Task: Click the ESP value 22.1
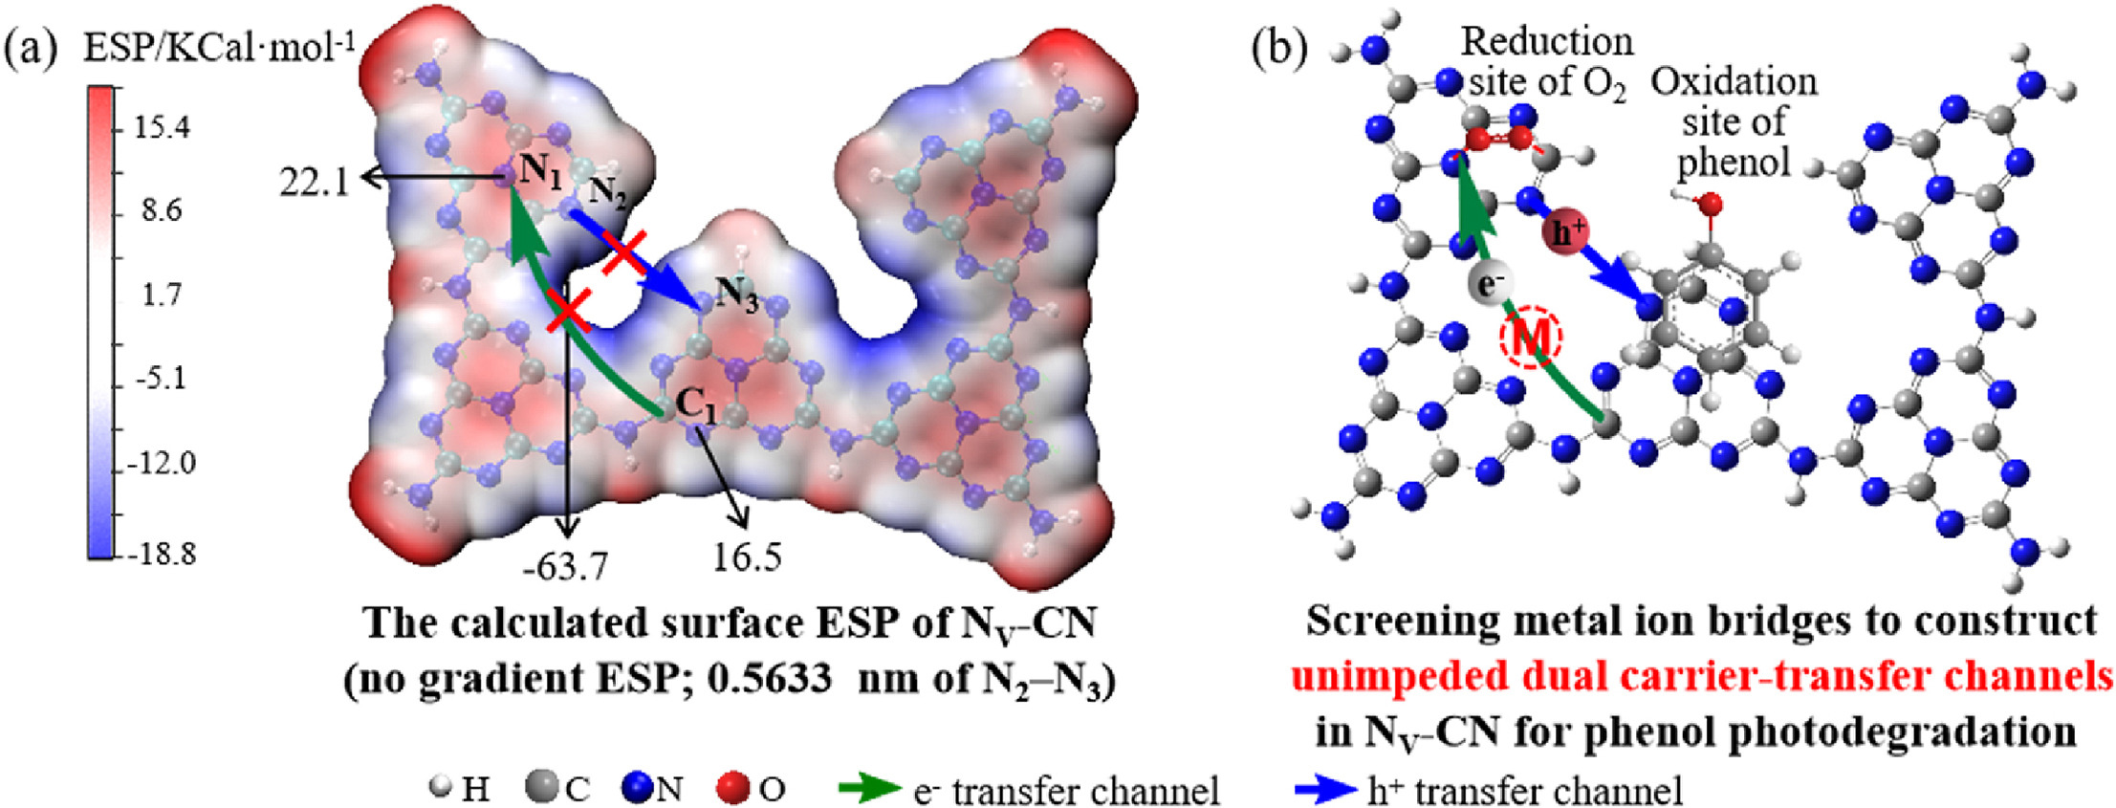pyautogui.click(x=314, y=180)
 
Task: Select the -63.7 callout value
pyautogui.click(x=565, y=566)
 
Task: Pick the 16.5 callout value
pyautogui.click(x=747, y=557)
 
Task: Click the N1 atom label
pyautogui.click(x=540, y=172)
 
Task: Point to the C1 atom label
pyautogui.click(x=696, y=405)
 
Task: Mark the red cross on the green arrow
pyautogui.click(x=569, y=312)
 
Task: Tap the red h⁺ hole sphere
pyautogui.click(x=1565, y=232)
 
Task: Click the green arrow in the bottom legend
pyautogui.click(x=869, y=789)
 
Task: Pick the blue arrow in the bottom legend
pyautogui.click(x=1324, y=790)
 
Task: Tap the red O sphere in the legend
pyautogui.click(x=734, y=789)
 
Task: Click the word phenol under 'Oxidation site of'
pyautogui.click(x=1733, y=163)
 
